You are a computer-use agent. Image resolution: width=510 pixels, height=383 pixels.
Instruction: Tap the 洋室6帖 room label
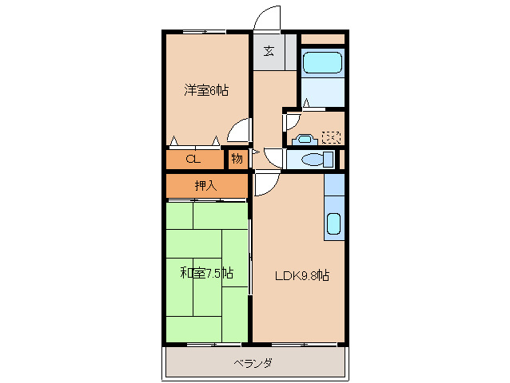tap(206, 91)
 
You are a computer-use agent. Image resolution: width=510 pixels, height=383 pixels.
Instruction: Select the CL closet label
tap(192, 158)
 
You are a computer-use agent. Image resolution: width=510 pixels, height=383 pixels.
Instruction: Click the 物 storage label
tap(237, 158)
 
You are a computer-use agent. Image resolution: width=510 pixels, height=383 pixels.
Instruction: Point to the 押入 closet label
tap(205, 186)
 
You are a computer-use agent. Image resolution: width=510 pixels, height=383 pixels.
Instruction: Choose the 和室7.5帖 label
tap(206, 273)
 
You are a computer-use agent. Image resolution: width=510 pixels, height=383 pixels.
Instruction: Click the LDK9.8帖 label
tap(303, 276)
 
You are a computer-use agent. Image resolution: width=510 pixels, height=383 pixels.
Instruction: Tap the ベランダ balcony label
tap(253, 363)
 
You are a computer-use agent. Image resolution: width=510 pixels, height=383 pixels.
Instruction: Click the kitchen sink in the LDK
tap(334, 224)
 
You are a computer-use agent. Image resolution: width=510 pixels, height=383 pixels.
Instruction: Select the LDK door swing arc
tap(265, 185)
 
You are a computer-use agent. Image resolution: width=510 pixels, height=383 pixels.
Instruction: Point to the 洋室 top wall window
tap(203, 32)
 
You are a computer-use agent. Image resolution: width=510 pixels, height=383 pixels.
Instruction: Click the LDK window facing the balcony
tap(299, 345)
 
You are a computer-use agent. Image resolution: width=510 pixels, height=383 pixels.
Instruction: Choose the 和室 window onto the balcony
tap(203, 345)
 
